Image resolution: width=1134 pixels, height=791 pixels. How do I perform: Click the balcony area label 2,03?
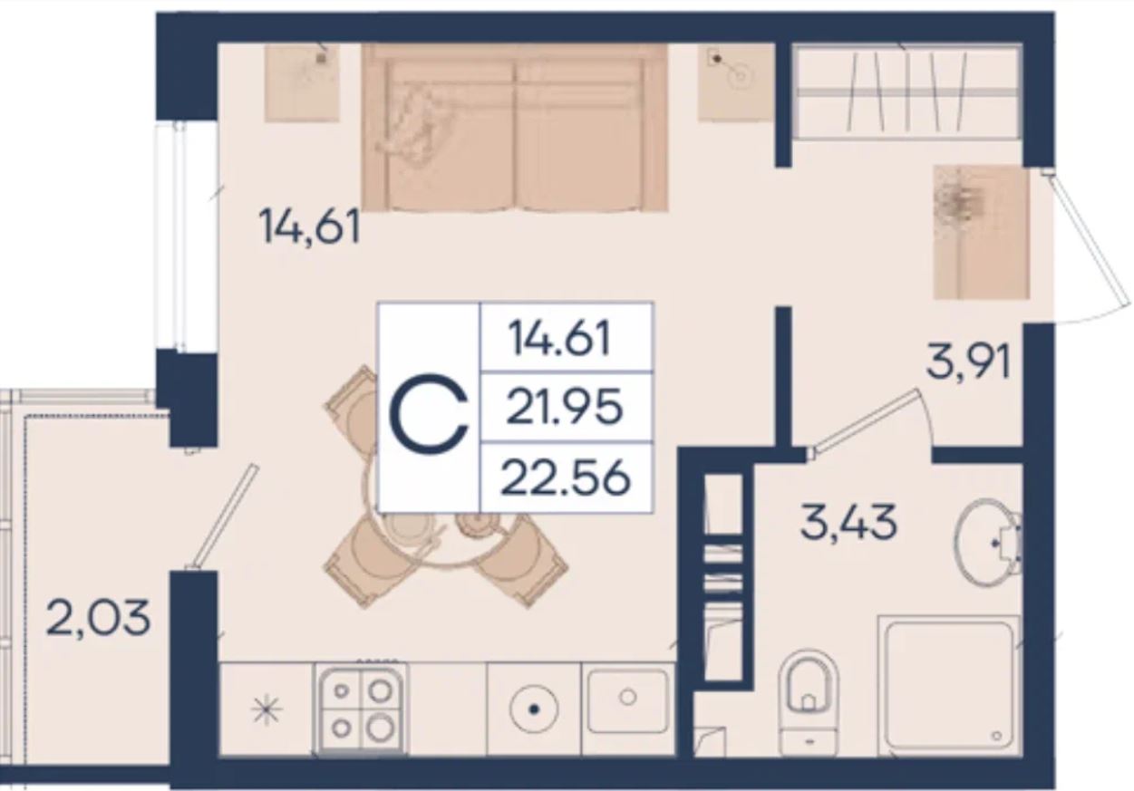coord(98,620)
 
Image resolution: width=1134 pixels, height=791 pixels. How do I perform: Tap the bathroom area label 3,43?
coord(849,522)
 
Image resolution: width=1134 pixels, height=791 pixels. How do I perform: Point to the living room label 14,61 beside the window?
coord(309,227)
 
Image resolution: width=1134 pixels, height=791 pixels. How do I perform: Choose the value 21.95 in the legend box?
coord(565,407)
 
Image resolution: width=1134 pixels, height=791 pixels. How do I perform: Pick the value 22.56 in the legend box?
coord(566,478)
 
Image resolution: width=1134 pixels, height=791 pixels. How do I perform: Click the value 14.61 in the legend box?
coord(559,338)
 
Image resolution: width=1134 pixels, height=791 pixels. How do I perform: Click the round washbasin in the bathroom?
coord(987,543)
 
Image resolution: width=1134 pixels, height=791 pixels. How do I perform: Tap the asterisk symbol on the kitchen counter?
coord(267,710)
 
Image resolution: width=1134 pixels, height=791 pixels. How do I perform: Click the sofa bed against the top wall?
coord(514,127)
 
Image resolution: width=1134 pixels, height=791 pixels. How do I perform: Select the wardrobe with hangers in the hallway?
coord(906,92)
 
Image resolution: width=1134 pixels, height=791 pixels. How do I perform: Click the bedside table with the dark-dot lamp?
coord(736,82)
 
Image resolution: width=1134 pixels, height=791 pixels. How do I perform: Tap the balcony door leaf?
coord(223,516)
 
